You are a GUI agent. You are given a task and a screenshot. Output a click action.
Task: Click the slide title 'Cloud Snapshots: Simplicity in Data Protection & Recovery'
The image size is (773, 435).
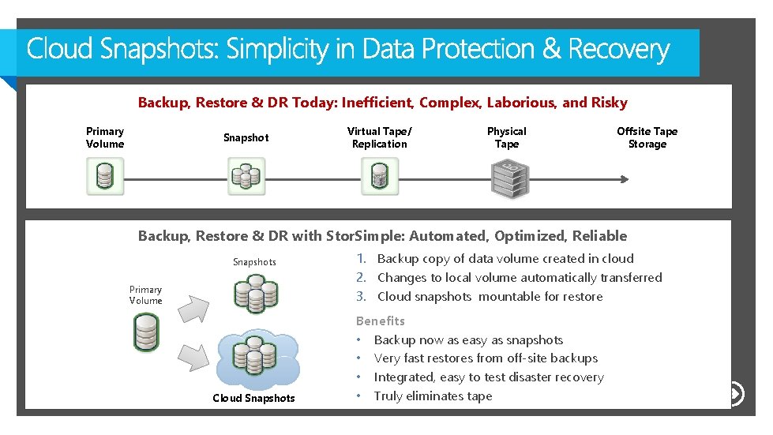point(348,51)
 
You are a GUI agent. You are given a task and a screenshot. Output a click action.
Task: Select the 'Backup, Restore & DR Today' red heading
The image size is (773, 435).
point(382,103)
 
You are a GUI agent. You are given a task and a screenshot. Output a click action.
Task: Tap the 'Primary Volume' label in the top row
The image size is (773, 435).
point(105,137)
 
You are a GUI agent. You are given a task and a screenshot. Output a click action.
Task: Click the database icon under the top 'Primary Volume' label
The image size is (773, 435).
point(105,176)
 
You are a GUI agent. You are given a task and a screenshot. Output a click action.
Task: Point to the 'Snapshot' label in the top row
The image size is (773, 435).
point(246,137)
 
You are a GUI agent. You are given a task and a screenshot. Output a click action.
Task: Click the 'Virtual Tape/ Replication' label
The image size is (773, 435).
point(379,137)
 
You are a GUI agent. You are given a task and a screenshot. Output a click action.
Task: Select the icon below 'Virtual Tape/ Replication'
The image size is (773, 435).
point(380,176)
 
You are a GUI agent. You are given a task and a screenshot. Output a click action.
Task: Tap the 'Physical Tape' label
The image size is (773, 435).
point(506,137)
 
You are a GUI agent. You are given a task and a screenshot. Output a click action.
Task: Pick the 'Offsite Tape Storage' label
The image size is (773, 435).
point(647,137)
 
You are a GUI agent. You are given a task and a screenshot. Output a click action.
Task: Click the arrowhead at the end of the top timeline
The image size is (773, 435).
point(625,178)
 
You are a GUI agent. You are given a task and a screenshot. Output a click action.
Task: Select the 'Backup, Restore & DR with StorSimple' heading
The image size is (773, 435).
point(382,236)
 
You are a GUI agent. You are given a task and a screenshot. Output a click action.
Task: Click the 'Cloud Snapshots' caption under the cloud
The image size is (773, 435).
point(253,398)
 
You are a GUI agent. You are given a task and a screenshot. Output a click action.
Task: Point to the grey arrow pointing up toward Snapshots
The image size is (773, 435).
point(191,302)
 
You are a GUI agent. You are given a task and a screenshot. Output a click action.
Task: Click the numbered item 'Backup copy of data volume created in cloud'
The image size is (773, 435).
point(505,259)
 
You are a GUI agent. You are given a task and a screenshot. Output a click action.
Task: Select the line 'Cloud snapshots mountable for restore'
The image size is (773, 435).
point(490,297)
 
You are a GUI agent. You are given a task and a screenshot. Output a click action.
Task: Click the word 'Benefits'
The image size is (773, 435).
point(380,321)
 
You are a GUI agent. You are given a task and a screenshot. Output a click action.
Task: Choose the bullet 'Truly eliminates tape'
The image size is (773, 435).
point(433,396)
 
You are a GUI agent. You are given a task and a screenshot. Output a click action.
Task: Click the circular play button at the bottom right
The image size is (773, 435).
point(735,393)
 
